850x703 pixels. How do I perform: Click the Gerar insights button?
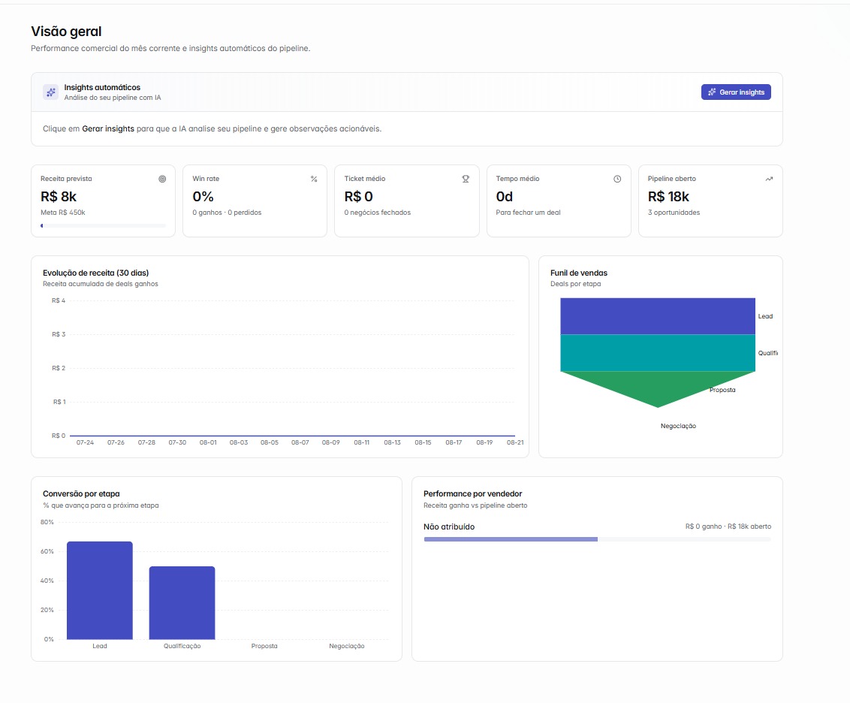click(x=736, y=92)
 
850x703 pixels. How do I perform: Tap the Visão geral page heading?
click(x=66, y=32)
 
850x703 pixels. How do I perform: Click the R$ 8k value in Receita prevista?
click(x=59, y=196)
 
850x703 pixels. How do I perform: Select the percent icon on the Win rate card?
click(x=314, y=179)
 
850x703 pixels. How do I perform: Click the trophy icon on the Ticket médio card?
click(x=466, y=179)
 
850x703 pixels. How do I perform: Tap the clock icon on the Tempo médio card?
click(x=617, y=179)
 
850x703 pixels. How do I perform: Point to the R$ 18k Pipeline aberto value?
click(x=668, y=196)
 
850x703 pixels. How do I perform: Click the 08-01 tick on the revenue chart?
click(x=208, y=442)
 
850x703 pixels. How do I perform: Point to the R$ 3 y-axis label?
click(x=59, y=334)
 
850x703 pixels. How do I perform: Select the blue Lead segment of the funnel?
click(x=658, y=316)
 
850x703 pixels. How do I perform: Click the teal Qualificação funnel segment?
click(x=658, y=353)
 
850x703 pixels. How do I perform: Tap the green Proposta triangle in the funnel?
click(x=658, y=384)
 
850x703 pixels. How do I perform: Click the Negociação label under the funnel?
click(x=678, y=426)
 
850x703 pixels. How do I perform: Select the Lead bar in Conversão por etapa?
click(x=100, y=590)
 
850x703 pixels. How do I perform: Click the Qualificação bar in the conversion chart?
click(x=182, y=602)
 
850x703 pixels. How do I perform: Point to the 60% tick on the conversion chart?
click(x=47, y=551)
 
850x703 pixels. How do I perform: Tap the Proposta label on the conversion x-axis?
click(x=264, y=646)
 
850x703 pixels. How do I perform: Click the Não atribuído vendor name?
click(x=449, y=526)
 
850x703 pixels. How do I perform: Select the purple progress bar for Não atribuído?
click(x=511, y=539)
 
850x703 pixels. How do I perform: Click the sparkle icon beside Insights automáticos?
click(x=51, y=92)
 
